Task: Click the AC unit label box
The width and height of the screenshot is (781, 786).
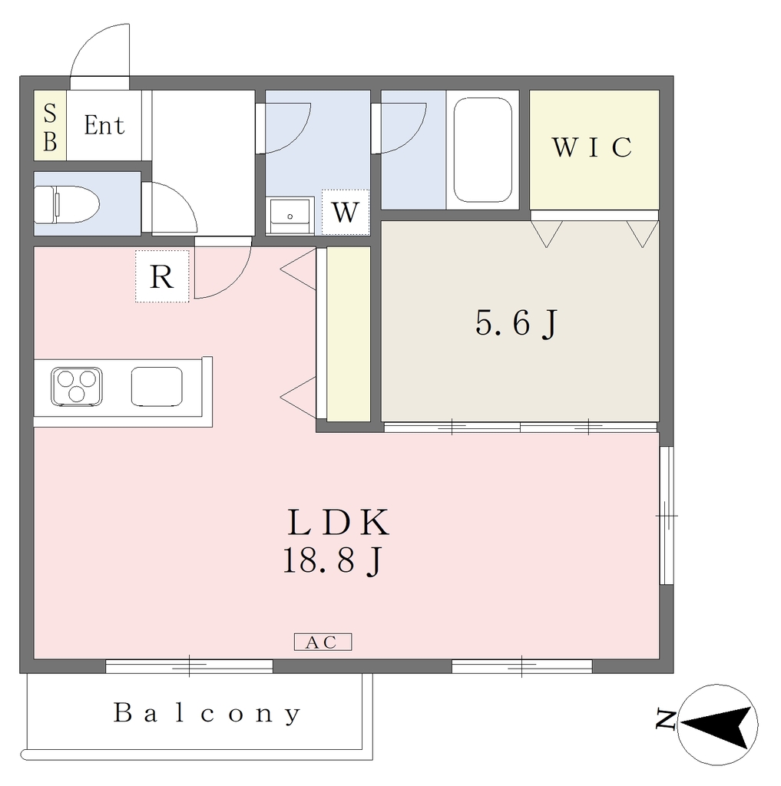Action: (323, 642)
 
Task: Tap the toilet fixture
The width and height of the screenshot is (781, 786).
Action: (67, 204)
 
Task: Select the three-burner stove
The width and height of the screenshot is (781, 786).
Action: (77, 387)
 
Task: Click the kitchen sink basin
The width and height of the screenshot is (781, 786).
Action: (157, 387)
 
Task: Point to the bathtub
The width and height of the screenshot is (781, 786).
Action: (482, 150)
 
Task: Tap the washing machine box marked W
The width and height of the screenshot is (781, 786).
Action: (346, 212)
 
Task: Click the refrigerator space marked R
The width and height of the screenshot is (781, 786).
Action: (162, 276)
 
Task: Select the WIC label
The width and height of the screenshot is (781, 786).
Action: (592, 147)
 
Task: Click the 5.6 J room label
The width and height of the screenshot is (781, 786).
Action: (516, 323)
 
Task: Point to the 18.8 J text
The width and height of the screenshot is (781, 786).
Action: (333, 560)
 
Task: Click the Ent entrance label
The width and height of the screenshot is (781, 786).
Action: (104, 125)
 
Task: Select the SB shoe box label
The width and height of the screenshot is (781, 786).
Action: (50, 127)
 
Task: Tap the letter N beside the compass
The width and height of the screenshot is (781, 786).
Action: (666, 720)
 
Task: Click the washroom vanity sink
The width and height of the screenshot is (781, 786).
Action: (290, 216)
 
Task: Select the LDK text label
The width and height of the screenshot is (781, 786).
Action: (339, 523)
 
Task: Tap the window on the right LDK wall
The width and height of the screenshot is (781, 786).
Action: (666, 515)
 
